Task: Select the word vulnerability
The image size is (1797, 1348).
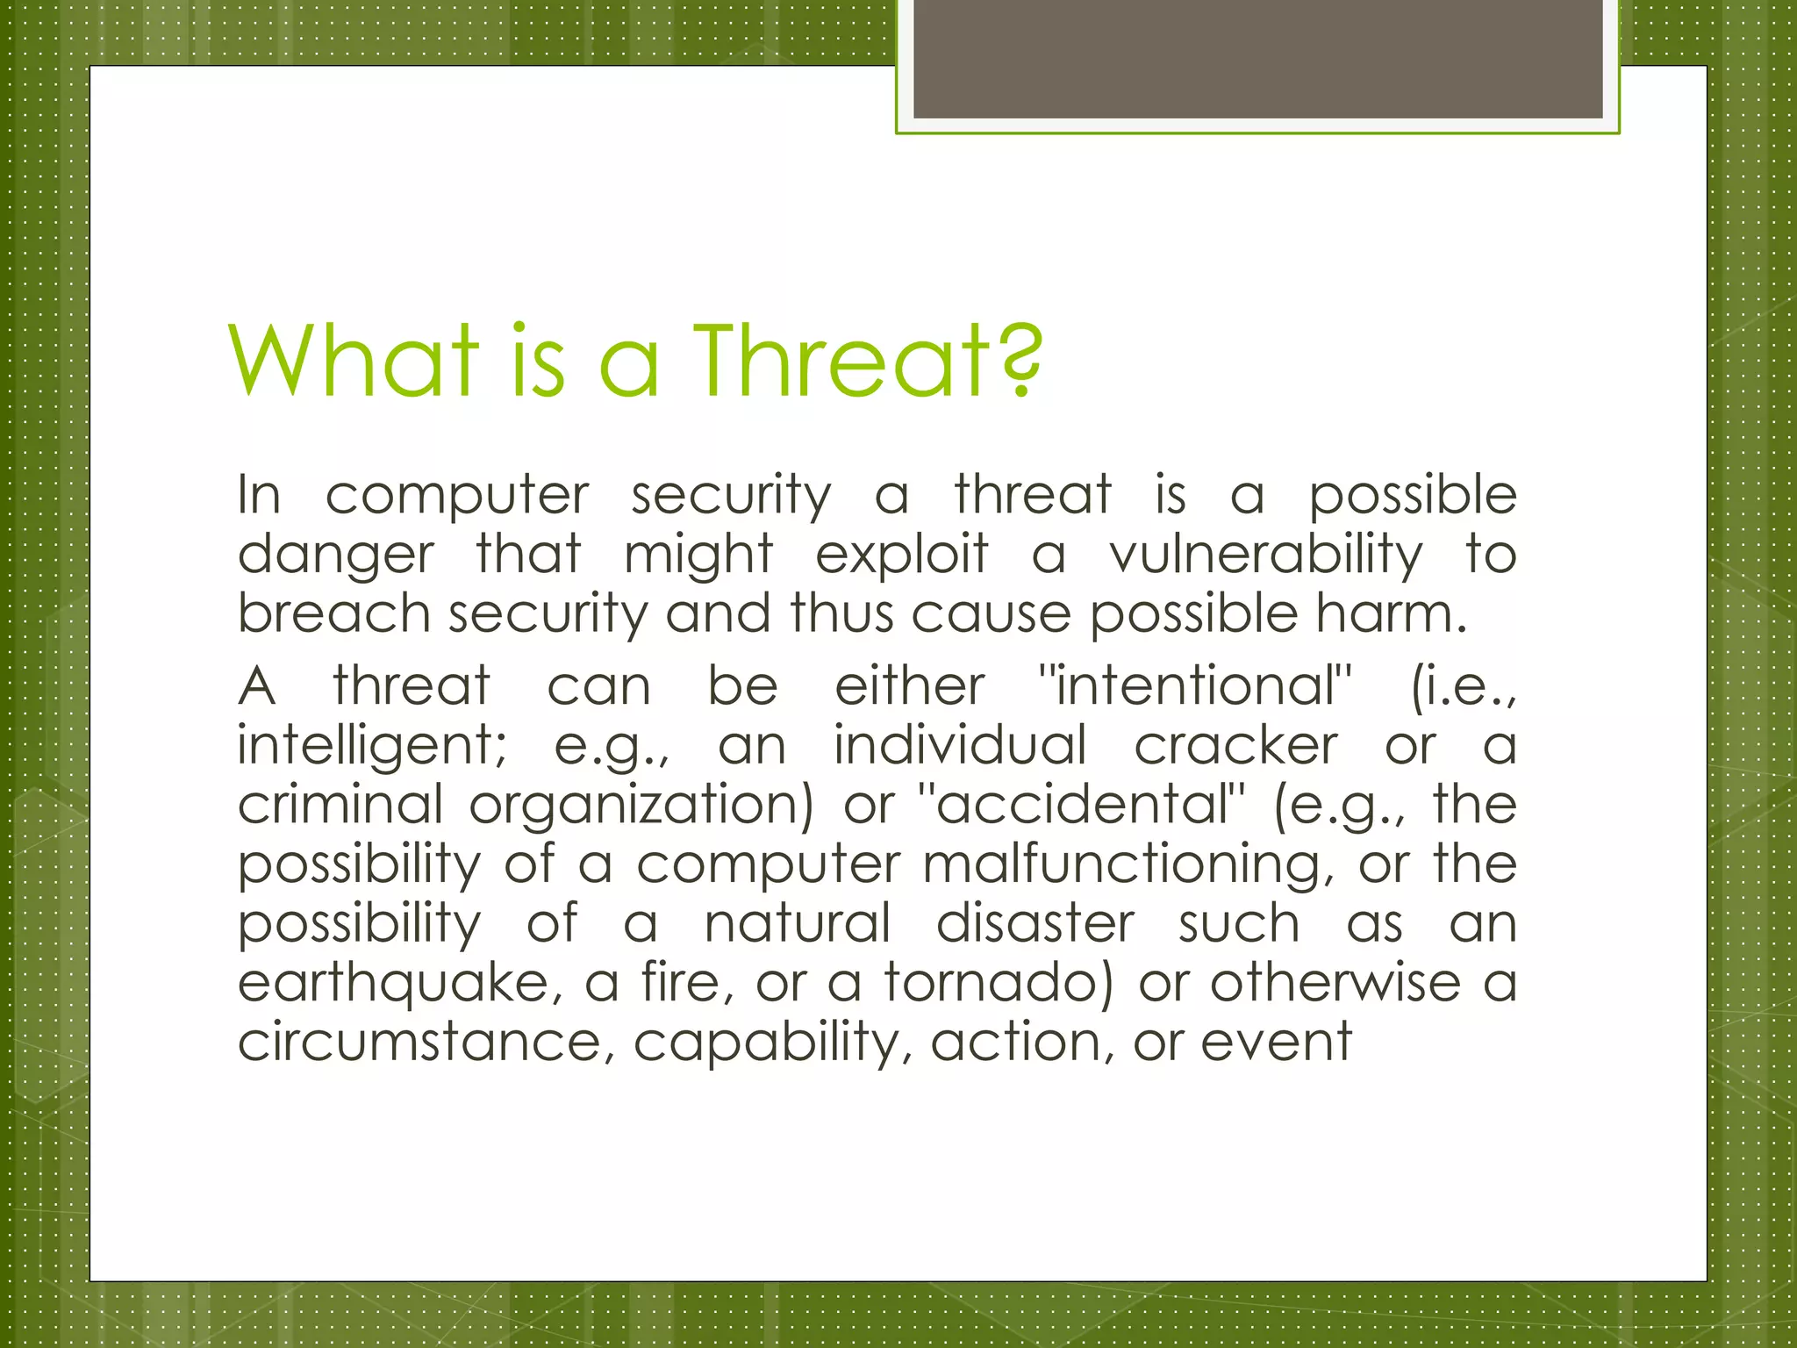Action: pyautogui.click(x=1266, y=556)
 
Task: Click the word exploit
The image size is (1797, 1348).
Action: pyautogui.click(x=901, y=556)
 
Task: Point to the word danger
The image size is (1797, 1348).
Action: pyautogui.click(x=335, y=556)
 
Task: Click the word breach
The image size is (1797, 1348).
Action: pyautogui.click(x=333, y=613)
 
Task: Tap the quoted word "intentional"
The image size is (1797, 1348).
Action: pyautogui.click(x=1194, y=686)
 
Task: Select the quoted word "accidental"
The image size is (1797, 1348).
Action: pyautogui.click(x=1081, y=805)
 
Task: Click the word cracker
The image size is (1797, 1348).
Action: pyautogui.click(x=1235, y=746)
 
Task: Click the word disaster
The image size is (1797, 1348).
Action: pyautogui.click(x=1035, y=923)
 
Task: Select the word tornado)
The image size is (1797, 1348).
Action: pyautogui.click(x=999, y=983)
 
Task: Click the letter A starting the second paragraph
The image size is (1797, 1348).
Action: pyautogui.click(x=256, y=686)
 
